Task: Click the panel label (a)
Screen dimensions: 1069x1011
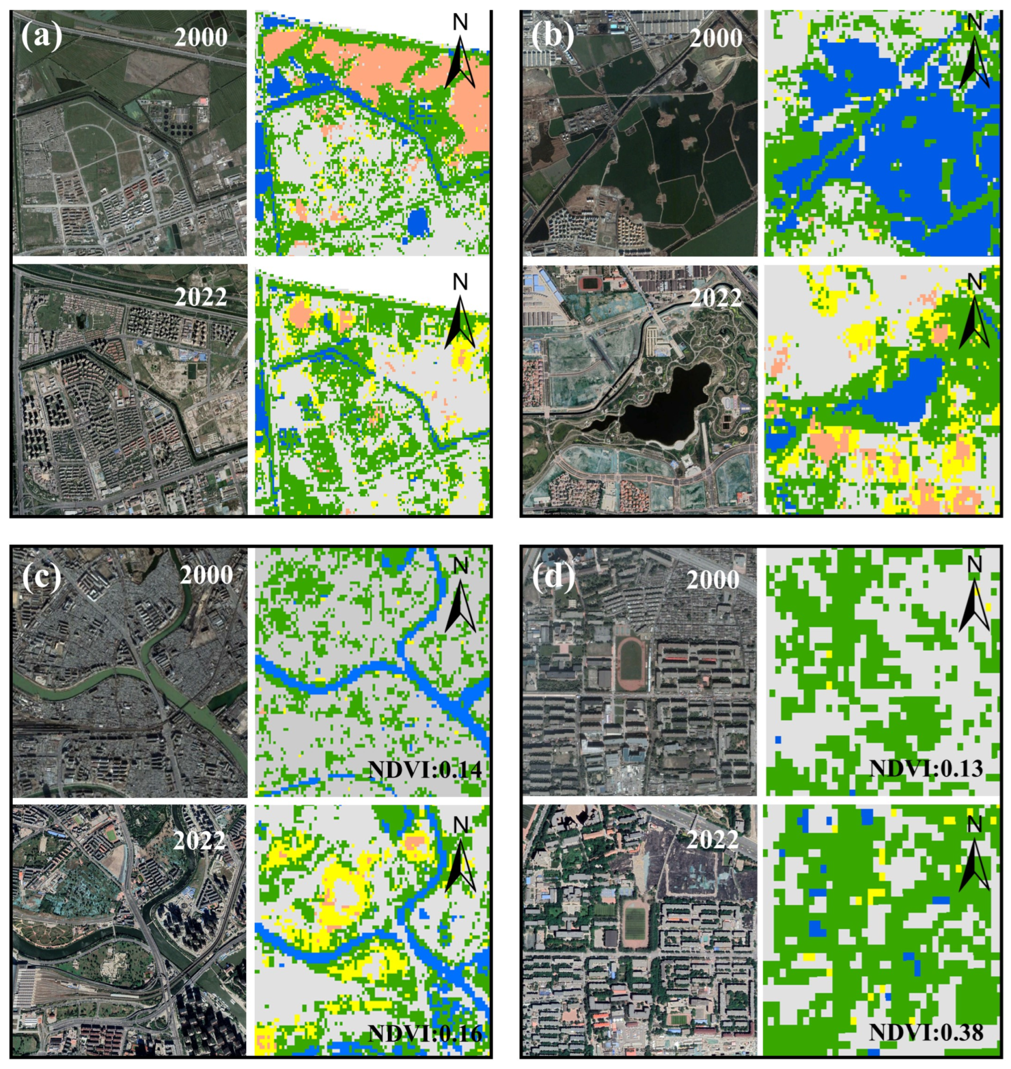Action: point(41,36)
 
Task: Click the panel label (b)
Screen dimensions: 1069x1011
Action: point(552,36)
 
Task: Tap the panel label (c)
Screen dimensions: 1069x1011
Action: point(41,576)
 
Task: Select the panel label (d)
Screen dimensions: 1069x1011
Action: point(553,576)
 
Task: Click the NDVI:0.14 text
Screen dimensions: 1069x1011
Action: point(424,768)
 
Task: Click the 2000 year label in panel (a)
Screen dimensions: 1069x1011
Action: point(201,37)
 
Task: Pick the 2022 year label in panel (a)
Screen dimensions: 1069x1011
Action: point(201,296)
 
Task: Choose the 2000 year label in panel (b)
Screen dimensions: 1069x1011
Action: point(716,37)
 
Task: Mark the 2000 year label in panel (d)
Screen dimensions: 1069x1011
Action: point(713,580)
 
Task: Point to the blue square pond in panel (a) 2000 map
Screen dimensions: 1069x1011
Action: point(419,222)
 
